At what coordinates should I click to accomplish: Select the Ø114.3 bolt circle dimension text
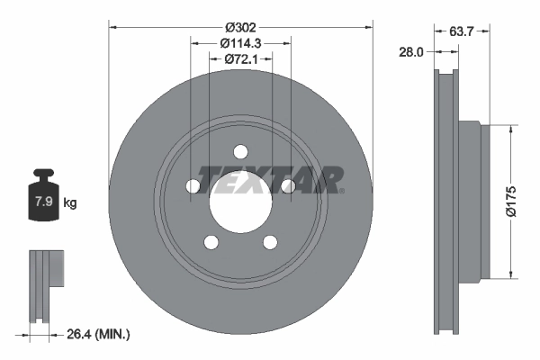(x=240, y=42)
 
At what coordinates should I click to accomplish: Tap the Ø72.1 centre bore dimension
(x=240, y=58)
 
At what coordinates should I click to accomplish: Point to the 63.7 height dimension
(x=462, y=31)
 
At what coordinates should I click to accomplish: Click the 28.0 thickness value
(x=411, y=52)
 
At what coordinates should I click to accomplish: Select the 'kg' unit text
(x=70, y=203)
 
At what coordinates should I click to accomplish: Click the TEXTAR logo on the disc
(x=270, y=180)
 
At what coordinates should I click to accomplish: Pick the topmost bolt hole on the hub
(x=240, y=151)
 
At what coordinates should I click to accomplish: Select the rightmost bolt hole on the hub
(x=287, y=185)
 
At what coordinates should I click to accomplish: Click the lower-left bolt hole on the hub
(x=211, y=241)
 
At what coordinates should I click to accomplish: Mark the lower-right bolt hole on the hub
(x=269, y=241)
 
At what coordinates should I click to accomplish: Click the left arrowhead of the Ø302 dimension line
(x=112, y=26)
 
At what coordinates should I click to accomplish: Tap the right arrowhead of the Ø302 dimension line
(x=368, y=26)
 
